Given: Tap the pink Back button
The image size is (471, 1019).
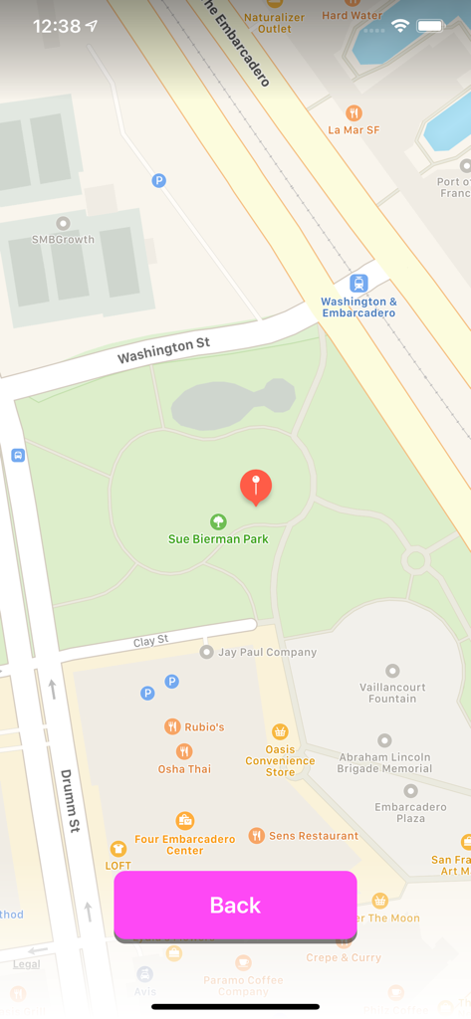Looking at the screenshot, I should point(235,905).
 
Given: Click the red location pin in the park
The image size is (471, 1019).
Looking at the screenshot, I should point(256,487).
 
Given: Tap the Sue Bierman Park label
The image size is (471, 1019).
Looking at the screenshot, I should point(218,539).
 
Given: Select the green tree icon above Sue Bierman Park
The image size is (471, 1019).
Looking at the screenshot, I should point(218,521).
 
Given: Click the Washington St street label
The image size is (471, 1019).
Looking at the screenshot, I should point(163,350).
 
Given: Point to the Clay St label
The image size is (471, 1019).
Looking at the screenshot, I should point(151,642).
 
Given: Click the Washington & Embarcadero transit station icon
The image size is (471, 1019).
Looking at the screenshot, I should point(358,283).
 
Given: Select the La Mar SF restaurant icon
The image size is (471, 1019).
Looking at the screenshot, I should point(353,112).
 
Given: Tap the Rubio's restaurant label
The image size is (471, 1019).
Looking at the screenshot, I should point(203,726).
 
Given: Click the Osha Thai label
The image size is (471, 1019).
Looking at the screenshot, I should point(184,769).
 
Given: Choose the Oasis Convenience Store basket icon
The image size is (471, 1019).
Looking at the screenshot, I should point(280,731).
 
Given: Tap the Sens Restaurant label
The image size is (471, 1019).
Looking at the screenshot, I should point(314,836).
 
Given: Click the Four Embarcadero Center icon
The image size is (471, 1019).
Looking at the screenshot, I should point(184,820).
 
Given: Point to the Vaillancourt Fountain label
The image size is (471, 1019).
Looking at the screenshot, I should point(392,693).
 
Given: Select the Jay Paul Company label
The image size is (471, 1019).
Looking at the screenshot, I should point(267,652).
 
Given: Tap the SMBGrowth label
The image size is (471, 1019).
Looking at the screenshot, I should point(63,239).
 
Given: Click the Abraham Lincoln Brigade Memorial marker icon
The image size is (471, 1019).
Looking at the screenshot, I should point(384,740).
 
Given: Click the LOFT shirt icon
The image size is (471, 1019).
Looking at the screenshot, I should point(118,849).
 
